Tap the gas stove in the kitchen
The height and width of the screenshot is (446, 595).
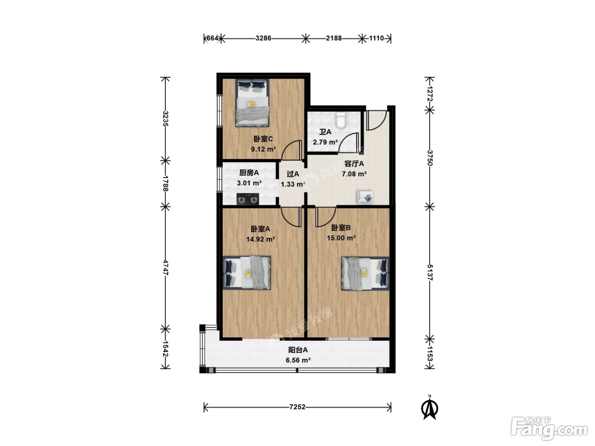tap(247, 199)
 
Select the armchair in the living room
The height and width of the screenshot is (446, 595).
tap(365, 197)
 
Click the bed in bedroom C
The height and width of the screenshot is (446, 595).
tap(252, 103)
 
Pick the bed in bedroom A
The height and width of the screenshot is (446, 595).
tap(247, 273)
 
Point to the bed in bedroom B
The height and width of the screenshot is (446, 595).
tap(365, 273)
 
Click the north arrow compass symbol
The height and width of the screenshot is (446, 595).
tap(430, 408)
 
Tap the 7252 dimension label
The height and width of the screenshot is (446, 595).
tap(297, 407)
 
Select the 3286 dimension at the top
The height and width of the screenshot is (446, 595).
tap(263, 38)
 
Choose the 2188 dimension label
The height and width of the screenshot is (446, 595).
tap(334, 38)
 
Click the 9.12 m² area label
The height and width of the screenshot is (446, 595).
tap(263, 149)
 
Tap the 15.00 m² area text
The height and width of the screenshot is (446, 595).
tap(341, 238)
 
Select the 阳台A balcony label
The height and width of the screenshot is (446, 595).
tap(298, 350)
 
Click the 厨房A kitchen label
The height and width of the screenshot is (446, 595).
tap(249, 172)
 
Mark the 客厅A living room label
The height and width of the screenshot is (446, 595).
tap(354, 164)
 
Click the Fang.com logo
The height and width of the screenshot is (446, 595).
tap(549, 429)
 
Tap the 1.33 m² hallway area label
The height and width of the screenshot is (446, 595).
tap(293, 184)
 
